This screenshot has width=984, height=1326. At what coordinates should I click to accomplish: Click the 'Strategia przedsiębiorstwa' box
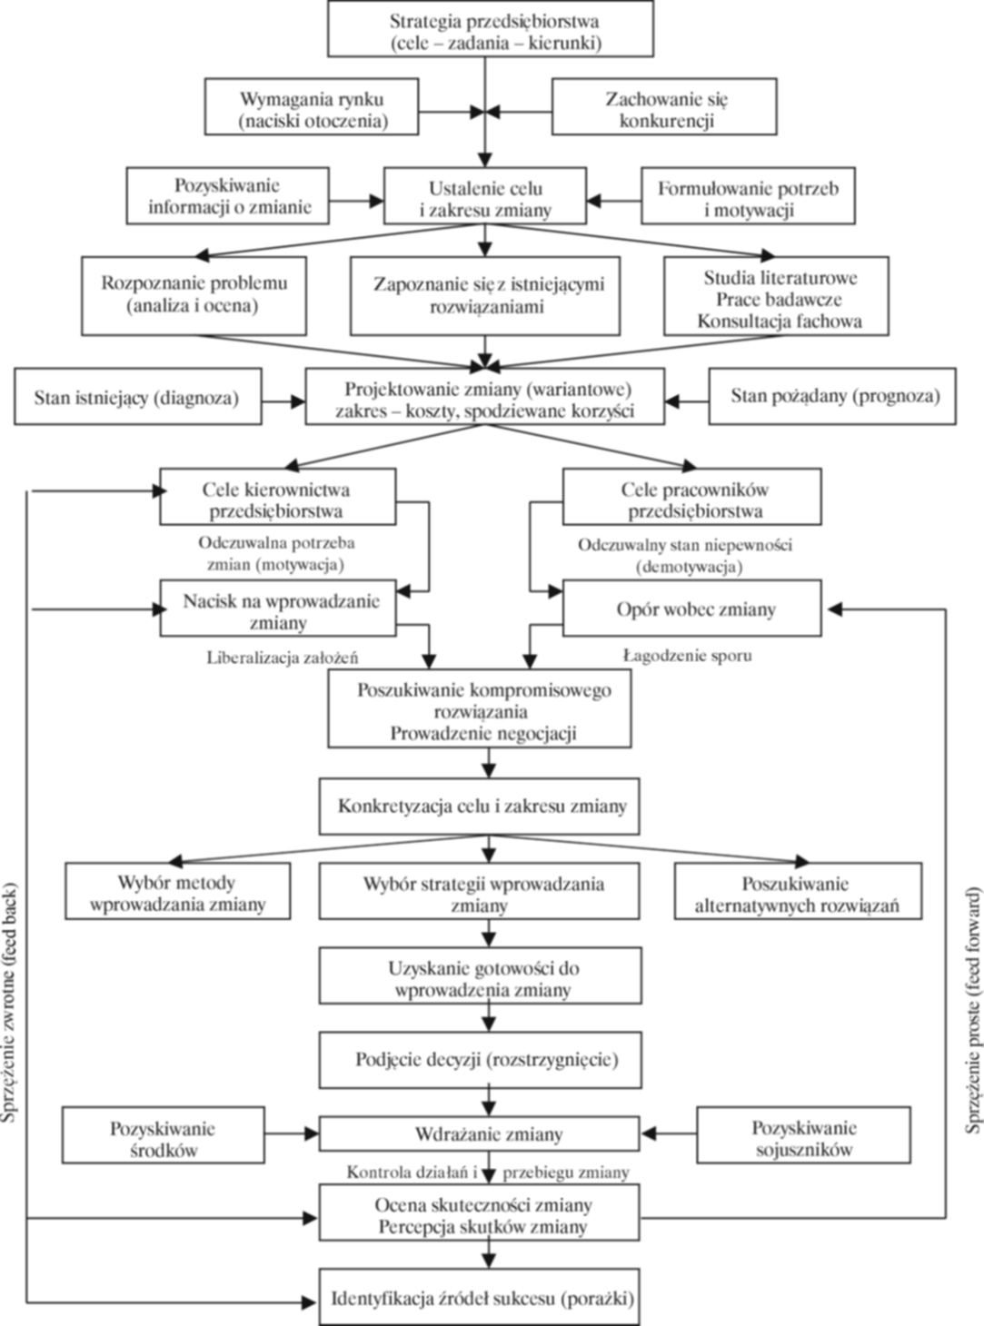pyautogui.click(x=491, y=28)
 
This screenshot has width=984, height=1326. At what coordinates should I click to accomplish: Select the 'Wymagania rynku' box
pyautogui.click(x=312, y=106)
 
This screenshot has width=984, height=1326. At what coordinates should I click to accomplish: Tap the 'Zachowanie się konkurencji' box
pyautogui.click(x=664, y=106)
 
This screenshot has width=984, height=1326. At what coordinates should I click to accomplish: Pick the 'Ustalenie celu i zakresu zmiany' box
pyautogui.click(x=485, y=196)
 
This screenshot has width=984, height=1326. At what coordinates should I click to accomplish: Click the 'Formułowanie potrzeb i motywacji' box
pyautogui.click(x=749, y=196)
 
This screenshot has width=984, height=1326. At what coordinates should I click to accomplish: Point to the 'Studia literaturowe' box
pyautogui.click(x=777, y=296)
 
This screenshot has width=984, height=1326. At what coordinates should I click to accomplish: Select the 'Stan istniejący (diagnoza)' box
pyautogui.click(x=138, y=396)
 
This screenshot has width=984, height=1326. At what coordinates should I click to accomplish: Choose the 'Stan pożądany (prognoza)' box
pyautogui.click(x=832, y=396)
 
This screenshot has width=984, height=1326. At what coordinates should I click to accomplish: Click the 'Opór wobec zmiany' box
pyautogui.click(x=692, y=608)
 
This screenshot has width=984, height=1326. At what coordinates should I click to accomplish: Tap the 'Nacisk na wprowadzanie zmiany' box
pyautogui.click(x=277, y=608)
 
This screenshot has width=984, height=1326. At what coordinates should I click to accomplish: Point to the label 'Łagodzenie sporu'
pyautogui.click(x=687, y=656)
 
